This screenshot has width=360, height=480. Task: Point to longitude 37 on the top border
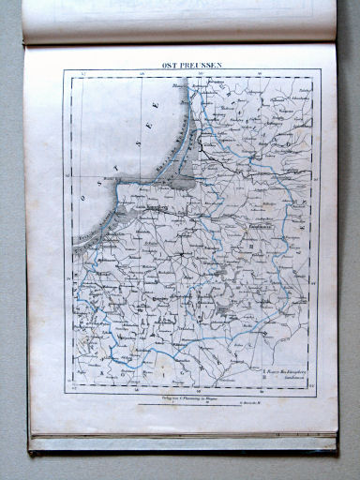tap(83, 72)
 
